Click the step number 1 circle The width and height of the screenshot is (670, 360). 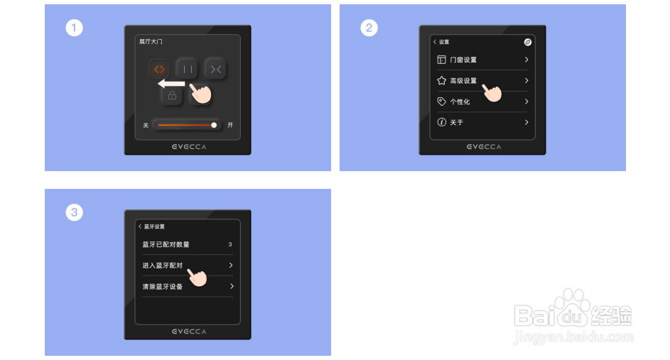pos(74,28)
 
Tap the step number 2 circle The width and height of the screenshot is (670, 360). pos(369,28)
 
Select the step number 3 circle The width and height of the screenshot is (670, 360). pos(74,212)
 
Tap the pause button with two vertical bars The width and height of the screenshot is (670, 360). pos(187,69)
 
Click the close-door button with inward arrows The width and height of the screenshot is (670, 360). pos(215,69)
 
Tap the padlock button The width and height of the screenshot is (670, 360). pos(172,95)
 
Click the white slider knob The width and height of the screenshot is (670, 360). pos(214,125)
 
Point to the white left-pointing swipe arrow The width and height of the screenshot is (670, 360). pos(171,84)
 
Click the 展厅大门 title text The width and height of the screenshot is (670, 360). pos(151,41)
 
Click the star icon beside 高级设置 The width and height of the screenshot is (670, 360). pos(441,80)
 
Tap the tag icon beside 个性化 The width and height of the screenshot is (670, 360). pos(441,102)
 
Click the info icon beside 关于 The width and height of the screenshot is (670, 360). pos(441,122)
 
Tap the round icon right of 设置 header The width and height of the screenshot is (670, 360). pos(528,42)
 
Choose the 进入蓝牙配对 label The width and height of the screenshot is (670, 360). pos(163,265)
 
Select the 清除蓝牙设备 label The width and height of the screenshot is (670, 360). pos(163,286)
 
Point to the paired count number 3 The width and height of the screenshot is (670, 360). pos(230,244)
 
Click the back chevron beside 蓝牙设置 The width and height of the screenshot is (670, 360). pos(140,227)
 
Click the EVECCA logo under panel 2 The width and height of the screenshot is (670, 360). pos(484,147)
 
